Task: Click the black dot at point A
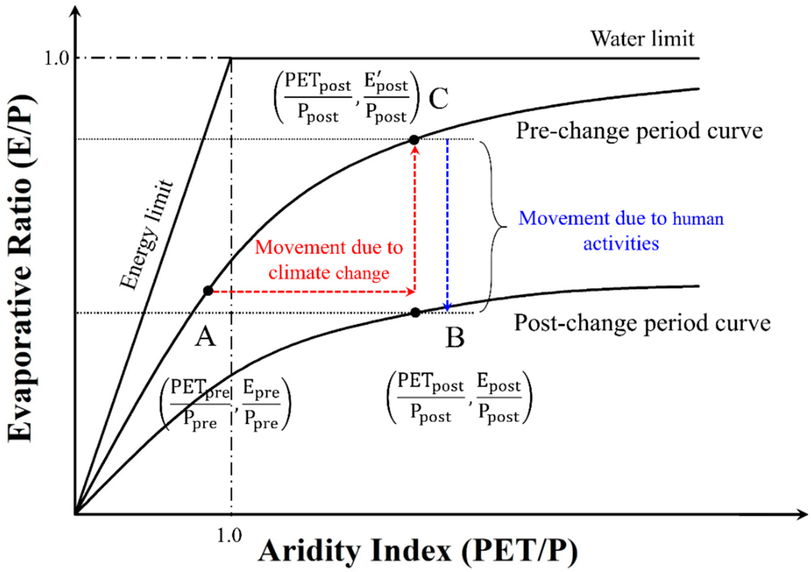(208, 291)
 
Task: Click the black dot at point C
(414, 140)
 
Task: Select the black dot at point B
(415, 312)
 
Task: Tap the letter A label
(205, 336)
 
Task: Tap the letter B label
(455, 338)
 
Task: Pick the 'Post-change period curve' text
(642, 323)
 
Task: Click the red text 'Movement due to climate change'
(329, 260)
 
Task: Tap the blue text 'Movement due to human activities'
(621, 231)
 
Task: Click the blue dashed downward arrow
(448, 226)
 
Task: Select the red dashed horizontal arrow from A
(311, 292)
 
